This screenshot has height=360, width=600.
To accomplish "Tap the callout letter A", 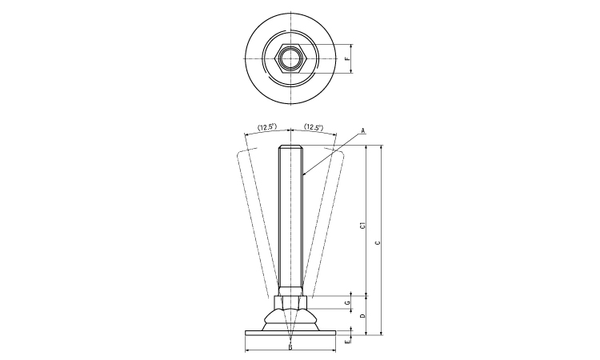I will pyautogui.click(x=362, y=130).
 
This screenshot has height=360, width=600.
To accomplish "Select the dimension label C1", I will pyautogui.click(x=362, y=226).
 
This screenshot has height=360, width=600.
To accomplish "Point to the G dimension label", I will pyautogui.click(x=346, y=302).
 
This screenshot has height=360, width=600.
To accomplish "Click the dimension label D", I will pyautogui.click(x=362, y=317).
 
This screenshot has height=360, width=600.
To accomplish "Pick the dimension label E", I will pyautogui.click(x=346, y=342).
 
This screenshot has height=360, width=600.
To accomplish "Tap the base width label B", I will pyautogui.click(x=290, y=347).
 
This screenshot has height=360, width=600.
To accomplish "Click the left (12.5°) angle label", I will pyautogui.click(x=266, y=127).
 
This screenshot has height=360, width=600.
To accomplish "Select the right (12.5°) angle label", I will pyautogui.click(x=314, y=127).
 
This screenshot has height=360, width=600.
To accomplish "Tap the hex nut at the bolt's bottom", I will pyautogui.click(x=290, y=302).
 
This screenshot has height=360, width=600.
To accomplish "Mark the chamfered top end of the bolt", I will pyautogui.click(x=290, y=148).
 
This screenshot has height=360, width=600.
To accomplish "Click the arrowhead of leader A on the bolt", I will pyautogui.click(x=303, y=174).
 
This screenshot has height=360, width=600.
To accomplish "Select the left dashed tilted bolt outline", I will pyautogui.click(x=254, y=224).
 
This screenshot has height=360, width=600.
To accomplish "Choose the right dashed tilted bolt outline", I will pyautogui.click(x=326, y=224).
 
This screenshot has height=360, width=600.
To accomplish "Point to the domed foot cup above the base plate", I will pyautogui.click(x=290, y=318).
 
